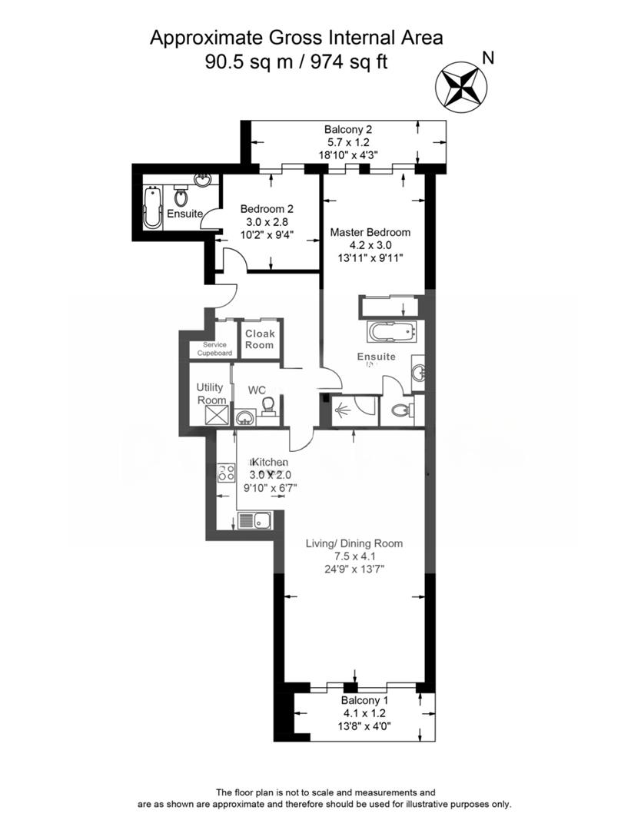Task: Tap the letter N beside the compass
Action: pyautogui.click(x=487, y=57)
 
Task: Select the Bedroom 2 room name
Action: pyautogui.click(x=267, y=208)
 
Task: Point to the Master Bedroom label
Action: pyautogui.click(x=370, y=231)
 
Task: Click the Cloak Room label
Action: pyautogui.click(x=260, y=339)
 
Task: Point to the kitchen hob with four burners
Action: pyautogui.click(x=226, y=473)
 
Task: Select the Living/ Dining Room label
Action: pyautogui.click(x=354, y=543)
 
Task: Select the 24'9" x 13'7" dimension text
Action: pyautogui.click(x=355, y=569)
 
